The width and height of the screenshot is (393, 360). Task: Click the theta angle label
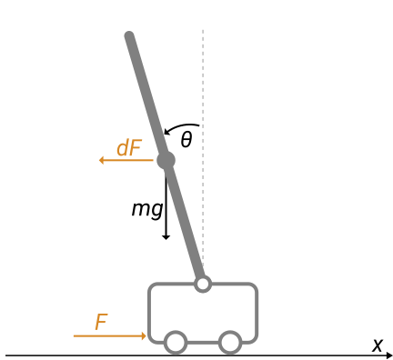tap(186, 140)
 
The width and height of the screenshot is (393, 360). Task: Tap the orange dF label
tap(128, 148)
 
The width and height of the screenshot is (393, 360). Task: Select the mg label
tap(146, 209)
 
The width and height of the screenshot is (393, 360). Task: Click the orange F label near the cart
tap(101, 323)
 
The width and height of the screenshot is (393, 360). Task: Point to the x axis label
tap(378, 345)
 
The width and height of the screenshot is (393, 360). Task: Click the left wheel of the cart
tap(176, 342)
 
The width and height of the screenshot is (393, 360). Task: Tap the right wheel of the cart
tap(230, 342)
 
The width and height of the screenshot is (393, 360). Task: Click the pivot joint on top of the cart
tap(203, 284)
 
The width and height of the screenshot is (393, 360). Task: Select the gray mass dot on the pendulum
tap(166, 160)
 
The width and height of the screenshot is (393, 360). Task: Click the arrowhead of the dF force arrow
tap(102, 160)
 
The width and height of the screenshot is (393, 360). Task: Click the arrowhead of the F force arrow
tap(144, 336)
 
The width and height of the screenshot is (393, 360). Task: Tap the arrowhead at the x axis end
tap(389, 355)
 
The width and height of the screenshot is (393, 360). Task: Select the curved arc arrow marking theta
tap(182, 125)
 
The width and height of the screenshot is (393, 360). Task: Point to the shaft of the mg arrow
tap(166, 200)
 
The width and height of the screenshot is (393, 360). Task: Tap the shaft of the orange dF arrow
tap(127, 160)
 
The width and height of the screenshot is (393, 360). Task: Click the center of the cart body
tap(203, 309)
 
